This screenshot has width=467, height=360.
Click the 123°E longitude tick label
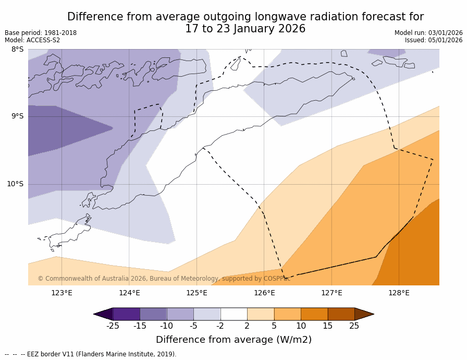(62, 293)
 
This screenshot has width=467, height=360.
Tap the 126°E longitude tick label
(264, 293)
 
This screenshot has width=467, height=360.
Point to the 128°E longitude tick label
(399, 293)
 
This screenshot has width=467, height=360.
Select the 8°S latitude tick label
(18, 50)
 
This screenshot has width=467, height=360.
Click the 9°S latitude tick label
(18, 116)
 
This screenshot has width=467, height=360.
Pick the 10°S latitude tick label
(16, 184)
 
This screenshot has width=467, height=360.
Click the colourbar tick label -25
(113, 326)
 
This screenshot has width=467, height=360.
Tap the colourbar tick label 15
(327, 326)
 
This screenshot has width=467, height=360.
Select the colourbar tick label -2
(220, 326)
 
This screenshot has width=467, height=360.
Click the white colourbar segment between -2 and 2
(233, 314)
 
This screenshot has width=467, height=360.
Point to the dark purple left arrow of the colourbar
(103, 314)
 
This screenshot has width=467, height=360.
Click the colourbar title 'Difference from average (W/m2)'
(233, 340)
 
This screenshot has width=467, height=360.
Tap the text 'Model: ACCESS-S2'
(32, 40)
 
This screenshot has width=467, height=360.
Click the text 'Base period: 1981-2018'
(41, 33)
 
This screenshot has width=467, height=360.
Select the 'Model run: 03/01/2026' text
(428, 33)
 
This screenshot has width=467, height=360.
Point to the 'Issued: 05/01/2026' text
(434, 40)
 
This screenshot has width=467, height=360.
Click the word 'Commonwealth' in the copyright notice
(67, 279)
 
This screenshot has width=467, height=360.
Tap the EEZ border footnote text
(91, 354)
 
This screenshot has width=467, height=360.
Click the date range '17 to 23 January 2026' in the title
(245, 29)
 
